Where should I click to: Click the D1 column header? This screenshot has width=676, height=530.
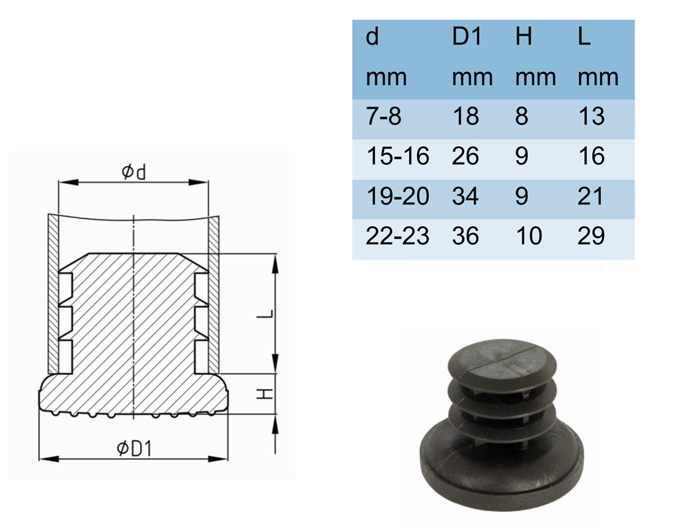pyautogui.click(x=466, y=36)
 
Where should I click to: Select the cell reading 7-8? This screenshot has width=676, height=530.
pyautogui.click(x=384, y=116)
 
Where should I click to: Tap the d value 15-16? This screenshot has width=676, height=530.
pyautogui.click(x=398, y=156)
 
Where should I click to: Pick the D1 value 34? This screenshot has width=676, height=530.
pyautogui.click(x=465, y=196)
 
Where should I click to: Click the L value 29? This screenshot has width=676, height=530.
pyautogui.click(x=591, y=236)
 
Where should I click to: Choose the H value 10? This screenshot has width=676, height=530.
pyautogui.click(x=529, y=236)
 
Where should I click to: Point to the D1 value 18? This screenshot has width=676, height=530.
pyautogui.click(x=466, y=116)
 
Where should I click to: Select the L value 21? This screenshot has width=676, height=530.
pyautogui.click(x=591, y=196)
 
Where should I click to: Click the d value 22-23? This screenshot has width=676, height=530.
pyautogui.click(x=398, y=236)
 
